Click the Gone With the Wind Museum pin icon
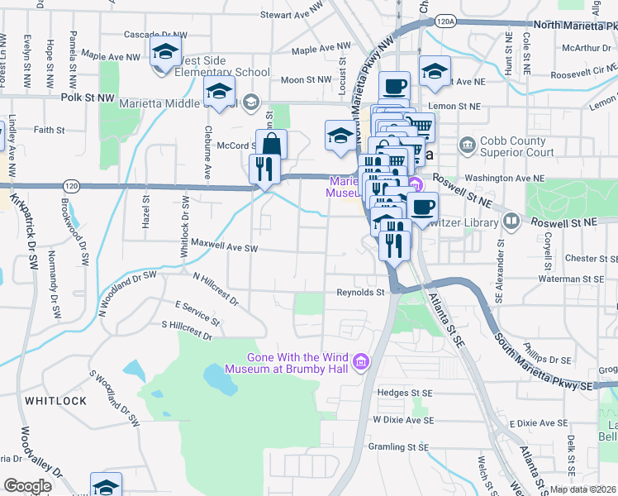point(360,362)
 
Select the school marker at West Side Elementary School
point(166,53)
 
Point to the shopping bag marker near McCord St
point(271,145)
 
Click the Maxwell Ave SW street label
point(225,246)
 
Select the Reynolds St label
point(360,293)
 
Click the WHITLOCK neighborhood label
point(55,401)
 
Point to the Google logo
point(27,486)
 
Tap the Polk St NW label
point(88,98)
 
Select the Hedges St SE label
point(404,393)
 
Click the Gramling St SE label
point(401,446)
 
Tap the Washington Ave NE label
point(505,178)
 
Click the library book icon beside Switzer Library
point(511,222)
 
